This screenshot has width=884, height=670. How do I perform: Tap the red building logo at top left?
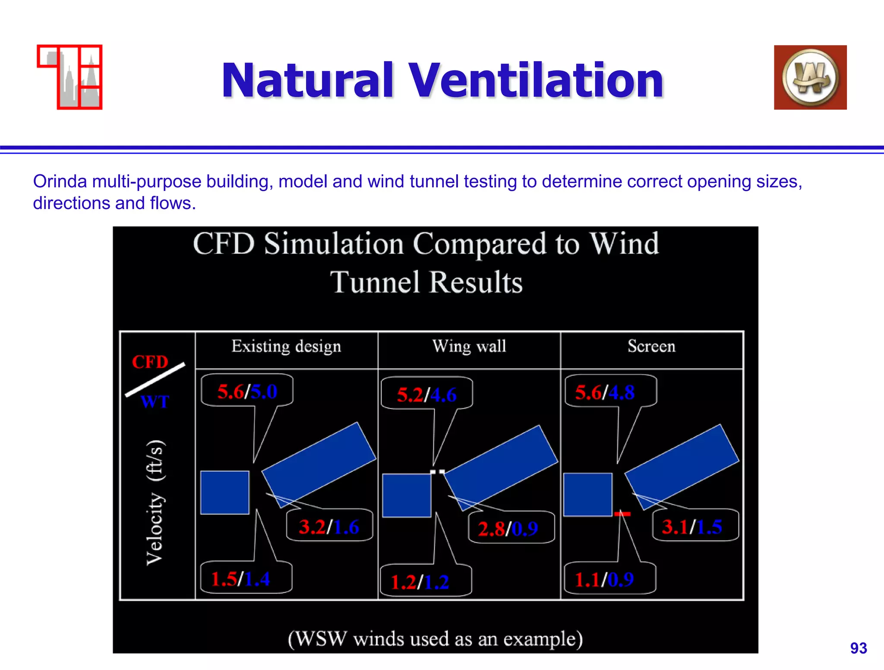coord(70,77)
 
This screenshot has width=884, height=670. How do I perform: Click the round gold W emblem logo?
coord(810,78)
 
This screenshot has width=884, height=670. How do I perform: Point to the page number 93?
coord(858,648)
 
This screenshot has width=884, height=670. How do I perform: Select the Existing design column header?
coord(286,347)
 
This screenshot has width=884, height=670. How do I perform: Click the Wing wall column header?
coord(469,347)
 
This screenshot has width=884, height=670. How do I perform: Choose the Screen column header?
coord(651,347)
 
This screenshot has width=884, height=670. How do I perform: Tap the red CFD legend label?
coord(150,362)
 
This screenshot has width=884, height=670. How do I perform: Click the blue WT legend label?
coord(155,402)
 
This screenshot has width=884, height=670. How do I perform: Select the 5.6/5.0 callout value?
coord(247,392)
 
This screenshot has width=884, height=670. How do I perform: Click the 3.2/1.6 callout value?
coord(329,527)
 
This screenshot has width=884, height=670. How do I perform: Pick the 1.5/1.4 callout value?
coord(240,579)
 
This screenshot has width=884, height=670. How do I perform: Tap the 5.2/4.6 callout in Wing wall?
coord(426,395)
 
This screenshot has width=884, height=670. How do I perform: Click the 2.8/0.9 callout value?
coord(508,529)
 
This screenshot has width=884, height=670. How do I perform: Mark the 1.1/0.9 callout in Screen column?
coord(604,579)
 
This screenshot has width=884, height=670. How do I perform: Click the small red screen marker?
coord(622,514)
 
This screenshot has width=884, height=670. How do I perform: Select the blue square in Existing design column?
coord(225,493)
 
